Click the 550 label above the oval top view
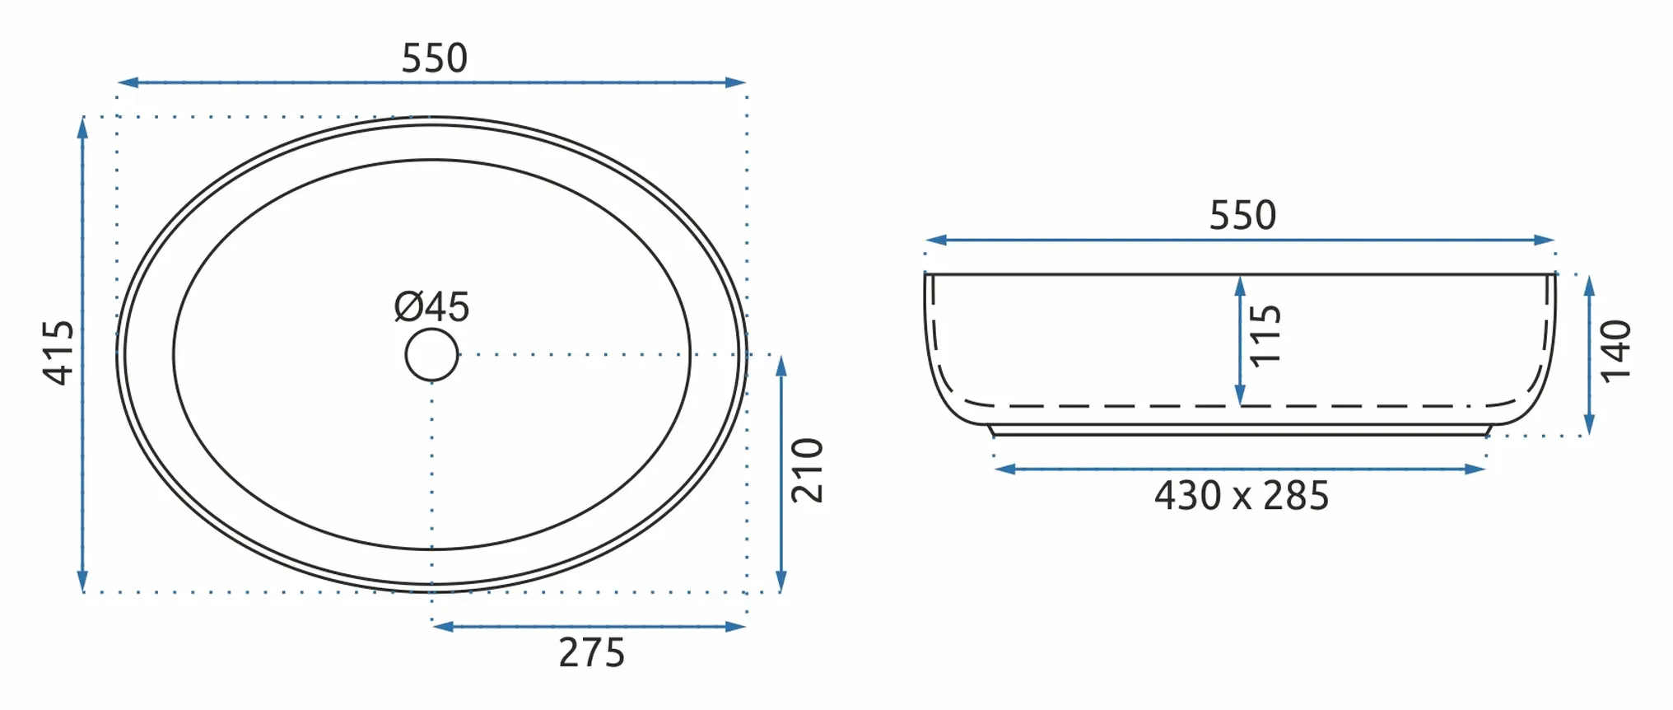(434, 58)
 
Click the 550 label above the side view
(1242, 215)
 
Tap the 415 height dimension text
(58, 353)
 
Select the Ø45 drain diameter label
(431, 307)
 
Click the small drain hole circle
(431, 355)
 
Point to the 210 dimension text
(807, 470)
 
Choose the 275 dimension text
(591, 653)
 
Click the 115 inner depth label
(1265, 335)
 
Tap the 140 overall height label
(1615, 352)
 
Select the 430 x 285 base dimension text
(1241, 496)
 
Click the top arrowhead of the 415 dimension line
(82, 127)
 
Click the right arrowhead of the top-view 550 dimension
(736, 82)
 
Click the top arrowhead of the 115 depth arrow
(1240, 286)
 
